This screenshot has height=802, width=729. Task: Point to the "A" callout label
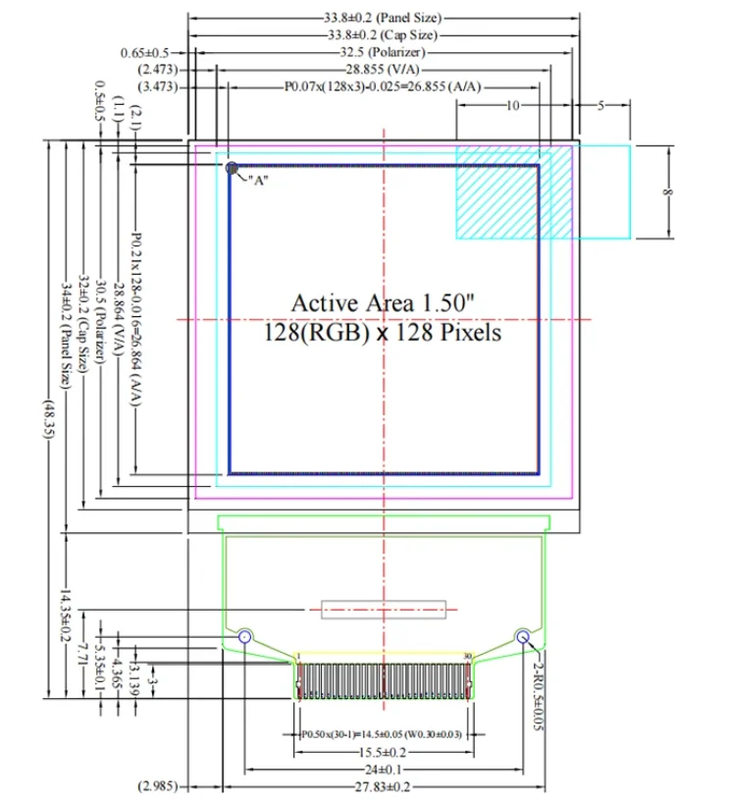pos(259,181)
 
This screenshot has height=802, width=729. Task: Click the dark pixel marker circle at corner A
pos(233,168)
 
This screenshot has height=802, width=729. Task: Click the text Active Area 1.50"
pos(383,302)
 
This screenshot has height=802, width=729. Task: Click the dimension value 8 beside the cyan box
pos(667,192)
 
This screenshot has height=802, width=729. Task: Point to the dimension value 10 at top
pos(512,105)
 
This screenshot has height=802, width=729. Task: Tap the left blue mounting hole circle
pos(244,637)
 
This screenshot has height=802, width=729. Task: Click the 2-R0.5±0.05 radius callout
pos(538,685)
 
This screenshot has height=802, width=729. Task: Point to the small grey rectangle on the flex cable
pos(383,610)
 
